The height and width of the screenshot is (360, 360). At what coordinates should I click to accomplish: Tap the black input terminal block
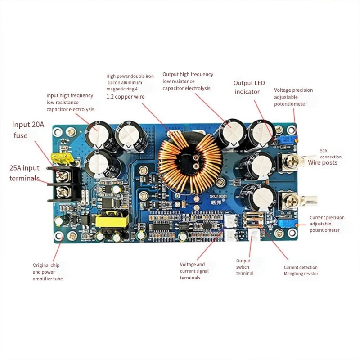tap(65, 184)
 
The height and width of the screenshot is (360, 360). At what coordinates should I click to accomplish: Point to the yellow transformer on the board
tap(112, 220)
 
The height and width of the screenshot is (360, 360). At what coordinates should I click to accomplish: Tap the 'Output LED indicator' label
tap(249, 87)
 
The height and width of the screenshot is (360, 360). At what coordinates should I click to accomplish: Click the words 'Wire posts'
tap(323, 162)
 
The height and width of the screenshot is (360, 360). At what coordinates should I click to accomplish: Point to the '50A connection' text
tap(331, 154)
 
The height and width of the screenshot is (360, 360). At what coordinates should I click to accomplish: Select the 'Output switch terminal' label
tap(245, 267)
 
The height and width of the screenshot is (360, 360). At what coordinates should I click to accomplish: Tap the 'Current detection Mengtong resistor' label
tap(301, 270)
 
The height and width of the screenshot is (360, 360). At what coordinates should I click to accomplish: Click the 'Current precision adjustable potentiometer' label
tap(327, 224)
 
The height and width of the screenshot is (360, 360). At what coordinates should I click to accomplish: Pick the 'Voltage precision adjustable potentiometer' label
tap(293, 97)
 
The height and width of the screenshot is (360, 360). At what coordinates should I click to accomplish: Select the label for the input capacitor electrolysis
tap(70, 102)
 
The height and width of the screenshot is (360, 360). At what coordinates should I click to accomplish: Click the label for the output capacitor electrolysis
tap(188, 81)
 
